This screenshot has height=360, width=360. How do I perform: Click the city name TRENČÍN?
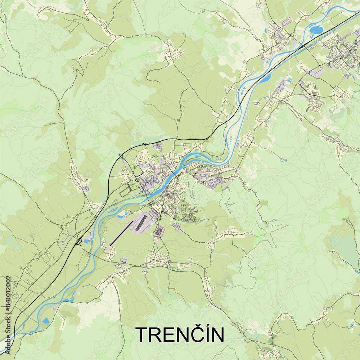pos(180,334)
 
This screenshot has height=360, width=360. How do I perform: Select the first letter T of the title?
pos(142,335)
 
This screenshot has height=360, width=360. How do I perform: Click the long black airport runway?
pos(121,234)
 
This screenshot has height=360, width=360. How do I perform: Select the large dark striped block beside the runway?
pos(141,223)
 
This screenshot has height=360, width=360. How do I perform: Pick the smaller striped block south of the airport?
pos(158,232)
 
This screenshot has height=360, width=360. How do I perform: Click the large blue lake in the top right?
pos(316,30)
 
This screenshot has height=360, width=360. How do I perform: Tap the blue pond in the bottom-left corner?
pos(46,321)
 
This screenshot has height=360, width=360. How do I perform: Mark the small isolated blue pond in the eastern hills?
pos(285,159)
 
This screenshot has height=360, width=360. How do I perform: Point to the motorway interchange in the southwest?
pos(78,242)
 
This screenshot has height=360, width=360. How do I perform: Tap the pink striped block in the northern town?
pos(286,23)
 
